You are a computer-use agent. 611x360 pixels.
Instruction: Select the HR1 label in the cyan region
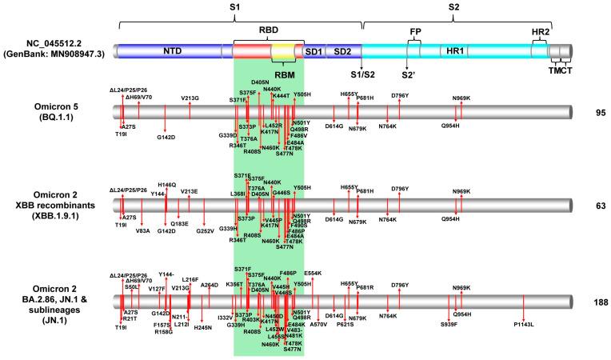[456, 51]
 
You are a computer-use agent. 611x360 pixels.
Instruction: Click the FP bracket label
[415, 31]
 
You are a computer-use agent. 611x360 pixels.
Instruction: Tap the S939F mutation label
[450, 324]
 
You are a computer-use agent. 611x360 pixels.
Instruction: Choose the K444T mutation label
[280, 96]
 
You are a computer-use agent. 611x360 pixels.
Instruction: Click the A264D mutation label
[210, 285]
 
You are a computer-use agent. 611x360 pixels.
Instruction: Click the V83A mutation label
[142, 230]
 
